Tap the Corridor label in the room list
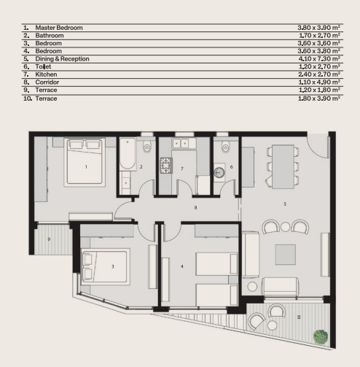(x=47, y=82)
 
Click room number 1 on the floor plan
(x=86, y=167)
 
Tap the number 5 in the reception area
(x=284, y=204)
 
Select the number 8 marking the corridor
(x=195, y=208)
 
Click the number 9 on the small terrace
(x=49, y=239)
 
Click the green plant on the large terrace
(x=320, y=336)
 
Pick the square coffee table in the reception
(x=286, y=254)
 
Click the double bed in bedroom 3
(x=103, y=267)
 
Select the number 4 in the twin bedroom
(x=182, y=266)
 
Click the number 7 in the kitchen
(x=181, y=167)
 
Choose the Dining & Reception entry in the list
(x=62, y=58)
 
